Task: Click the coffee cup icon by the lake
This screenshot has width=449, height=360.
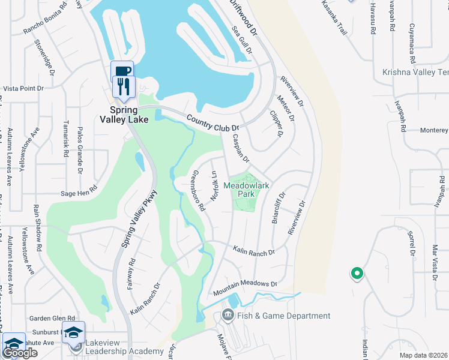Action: (x=123, y=71)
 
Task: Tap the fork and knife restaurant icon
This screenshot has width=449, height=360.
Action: (x=123, y=88)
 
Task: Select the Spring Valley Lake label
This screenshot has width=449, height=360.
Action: (x=124, y=114)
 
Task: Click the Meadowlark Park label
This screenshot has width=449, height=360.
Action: (x=244, y=190)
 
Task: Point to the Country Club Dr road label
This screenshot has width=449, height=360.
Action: (x=212, y=124)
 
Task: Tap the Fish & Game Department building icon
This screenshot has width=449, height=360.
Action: (x=228, y=315)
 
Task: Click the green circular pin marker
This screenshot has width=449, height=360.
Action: (x=357, y=274)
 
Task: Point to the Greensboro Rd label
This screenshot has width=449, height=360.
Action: (x=199, y=191)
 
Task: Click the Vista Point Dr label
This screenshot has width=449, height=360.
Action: (x=24, y=88)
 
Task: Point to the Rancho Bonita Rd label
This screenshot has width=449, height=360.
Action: (x=44, y=21)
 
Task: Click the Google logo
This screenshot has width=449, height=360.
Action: (x=20, y=353)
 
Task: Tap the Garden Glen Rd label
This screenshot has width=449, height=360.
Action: (x=54, y=319)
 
